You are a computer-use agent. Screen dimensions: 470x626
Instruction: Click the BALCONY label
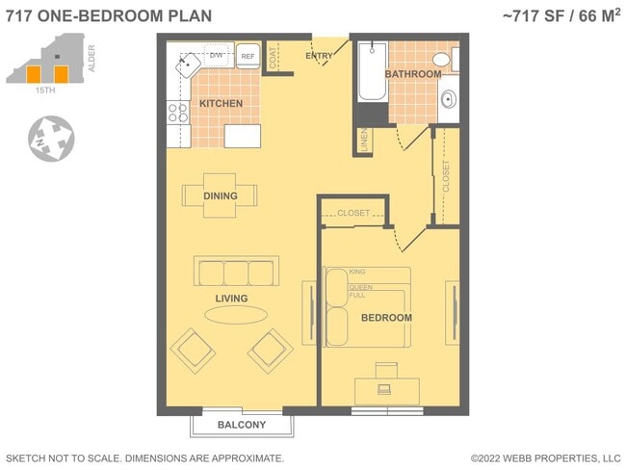click(241, 425)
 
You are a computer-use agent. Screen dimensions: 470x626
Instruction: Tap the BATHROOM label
click(413, 74)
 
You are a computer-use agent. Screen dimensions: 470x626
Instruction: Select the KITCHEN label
click(221, 103)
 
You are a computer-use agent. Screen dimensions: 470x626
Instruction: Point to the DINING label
click(220, 196)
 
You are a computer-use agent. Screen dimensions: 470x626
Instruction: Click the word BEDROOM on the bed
click(386, 317)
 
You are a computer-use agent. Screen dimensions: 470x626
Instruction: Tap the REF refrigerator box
click(248, 56)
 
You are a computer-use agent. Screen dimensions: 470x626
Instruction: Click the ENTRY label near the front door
click(319, 56)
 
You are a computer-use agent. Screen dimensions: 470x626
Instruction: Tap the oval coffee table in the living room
click(236, 316)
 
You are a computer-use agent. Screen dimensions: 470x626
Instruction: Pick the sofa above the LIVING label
click(236, 271)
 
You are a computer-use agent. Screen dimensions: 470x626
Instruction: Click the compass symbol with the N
click(50, 138)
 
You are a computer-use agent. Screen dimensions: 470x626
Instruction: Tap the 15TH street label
click(44, 90)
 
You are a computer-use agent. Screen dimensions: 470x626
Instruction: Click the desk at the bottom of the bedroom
click(386, 390)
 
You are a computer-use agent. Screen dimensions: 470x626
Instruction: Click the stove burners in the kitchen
click(175, 112)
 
